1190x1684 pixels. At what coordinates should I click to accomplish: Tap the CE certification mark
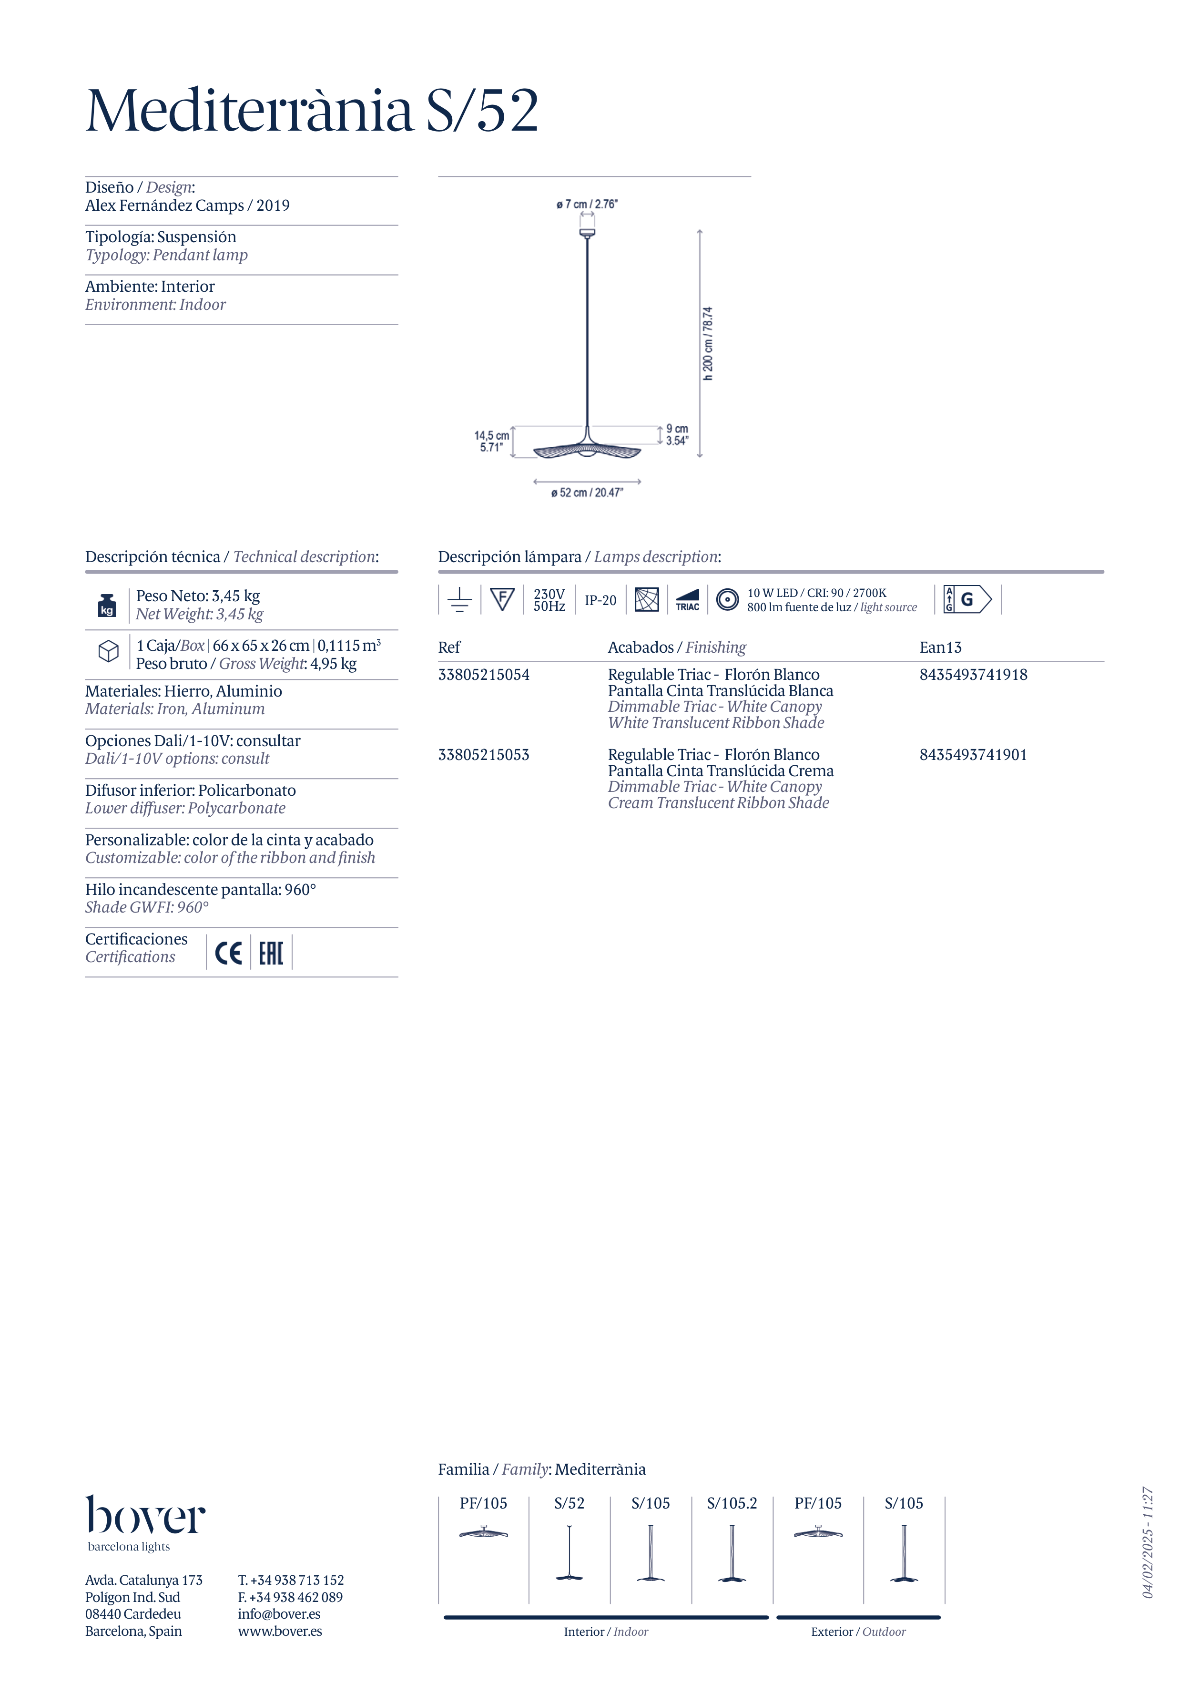point(228,953)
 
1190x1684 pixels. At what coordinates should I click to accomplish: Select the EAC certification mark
point(271,953)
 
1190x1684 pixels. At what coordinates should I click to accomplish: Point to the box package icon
point(109,651)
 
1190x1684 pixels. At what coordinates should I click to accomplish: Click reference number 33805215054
point(483,675)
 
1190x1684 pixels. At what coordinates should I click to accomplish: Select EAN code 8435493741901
point(973,755)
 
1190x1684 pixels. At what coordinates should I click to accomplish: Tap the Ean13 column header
point(940,647)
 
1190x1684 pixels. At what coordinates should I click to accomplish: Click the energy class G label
point(967,599)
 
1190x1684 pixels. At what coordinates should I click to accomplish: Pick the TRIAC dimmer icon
point(687,600)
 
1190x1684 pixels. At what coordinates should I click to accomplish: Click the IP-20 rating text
point(600,600)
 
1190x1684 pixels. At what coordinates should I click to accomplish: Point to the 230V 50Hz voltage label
point(549,600)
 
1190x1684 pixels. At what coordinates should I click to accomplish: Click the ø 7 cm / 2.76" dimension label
point(587,204)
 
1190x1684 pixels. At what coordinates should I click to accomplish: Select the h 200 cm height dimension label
point(708,343)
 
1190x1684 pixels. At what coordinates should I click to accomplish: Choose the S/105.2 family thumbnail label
point(732,1503)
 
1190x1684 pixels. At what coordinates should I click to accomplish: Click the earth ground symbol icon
point(460,600)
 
